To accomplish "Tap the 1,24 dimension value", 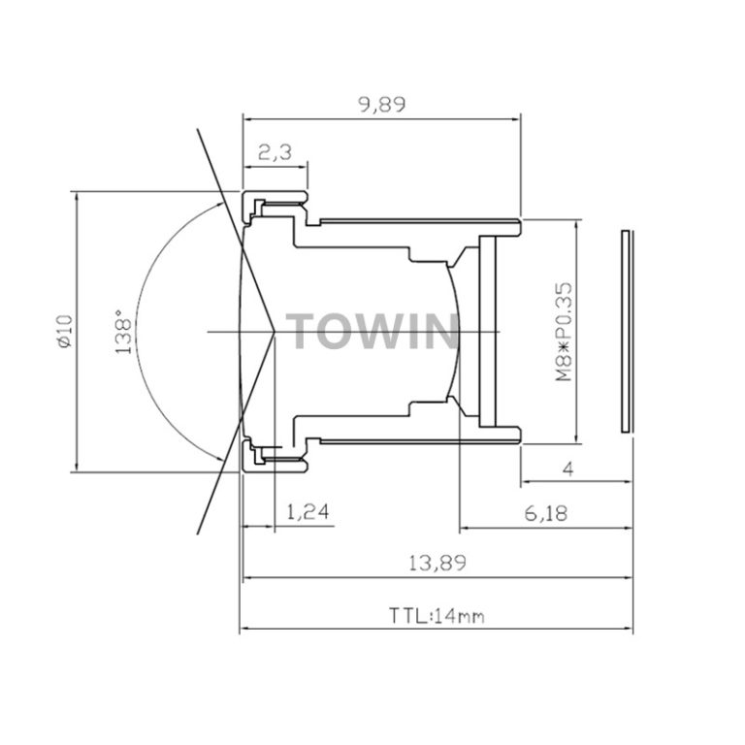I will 308,512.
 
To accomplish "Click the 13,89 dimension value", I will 437,562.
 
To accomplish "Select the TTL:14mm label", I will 437,615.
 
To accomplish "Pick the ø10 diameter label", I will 63,332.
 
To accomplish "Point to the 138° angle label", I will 122,332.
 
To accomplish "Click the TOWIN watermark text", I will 372,332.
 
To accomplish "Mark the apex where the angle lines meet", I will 279,332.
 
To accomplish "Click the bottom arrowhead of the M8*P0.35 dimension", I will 580,439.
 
